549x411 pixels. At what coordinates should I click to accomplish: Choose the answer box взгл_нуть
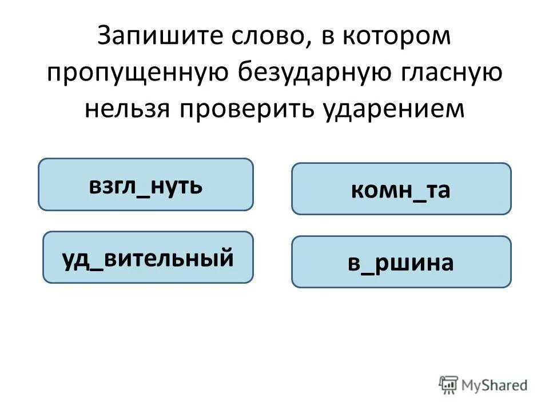(x=145, y=184)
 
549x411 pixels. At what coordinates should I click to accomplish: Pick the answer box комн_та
(x=401, y=189)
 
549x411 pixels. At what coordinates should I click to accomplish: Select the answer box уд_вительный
(x=148, y=257)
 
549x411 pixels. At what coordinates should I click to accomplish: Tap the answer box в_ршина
(x=401, y=262)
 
